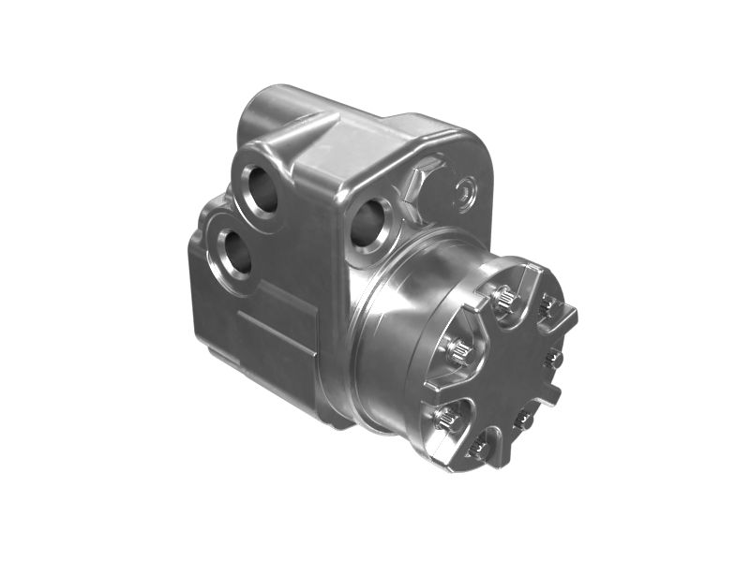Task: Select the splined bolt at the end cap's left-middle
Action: pyautogui.click(x=459, y=351)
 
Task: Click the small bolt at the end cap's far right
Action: pyautogui.click(x=554, y=358)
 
